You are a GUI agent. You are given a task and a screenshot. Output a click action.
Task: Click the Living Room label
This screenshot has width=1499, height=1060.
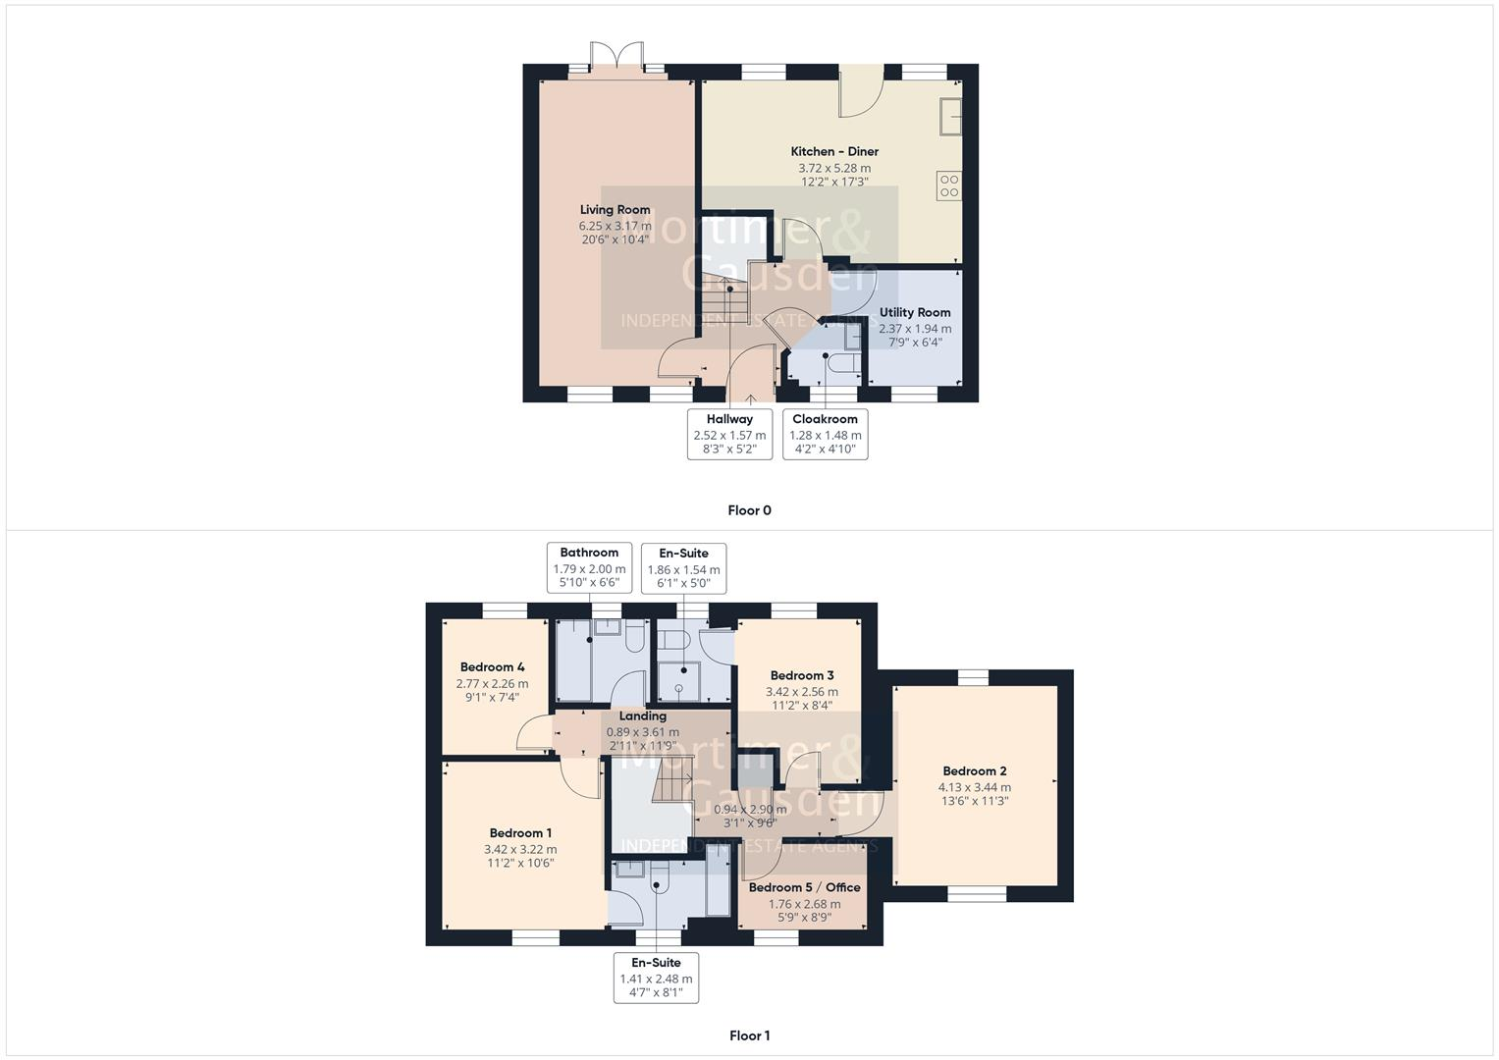coord(615,209)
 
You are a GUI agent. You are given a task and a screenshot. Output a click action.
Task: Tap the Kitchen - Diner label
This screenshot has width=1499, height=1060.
coord(834,152)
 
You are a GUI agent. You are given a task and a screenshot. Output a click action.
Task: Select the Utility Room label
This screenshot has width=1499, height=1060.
coord(914,312)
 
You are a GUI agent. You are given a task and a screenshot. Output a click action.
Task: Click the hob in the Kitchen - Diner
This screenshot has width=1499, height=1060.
coord(948,185)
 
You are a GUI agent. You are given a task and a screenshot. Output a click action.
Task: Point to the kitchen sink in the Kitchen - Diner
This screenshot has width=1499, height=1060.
coord(950,116)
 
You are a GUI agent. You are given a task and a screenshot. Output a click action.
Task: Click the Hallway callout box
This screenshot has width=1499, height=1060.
coord(729,434)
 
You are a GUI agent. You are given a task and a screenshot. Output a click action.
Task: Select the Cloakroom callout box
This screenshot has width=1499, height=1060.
coord(825,434)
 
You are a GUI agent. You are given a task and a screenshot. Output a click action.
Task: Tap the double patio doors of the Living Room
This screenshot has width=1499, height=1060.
coord(617,56)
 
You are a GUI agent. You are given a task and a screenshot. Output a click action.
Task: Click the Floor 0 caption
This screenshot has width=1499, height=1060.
coord(749,510)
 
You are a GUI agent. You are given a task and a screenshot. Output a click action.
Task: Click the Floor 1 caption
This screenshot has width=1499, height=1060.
coord(749,1035)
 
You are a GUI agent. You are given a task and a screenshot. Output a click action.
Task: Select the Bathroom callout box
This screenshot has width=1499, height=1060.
coord(589,567)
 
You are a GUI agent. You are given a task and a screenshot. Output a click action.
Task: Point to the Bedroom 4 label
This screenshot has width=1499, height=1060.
coord(492,667)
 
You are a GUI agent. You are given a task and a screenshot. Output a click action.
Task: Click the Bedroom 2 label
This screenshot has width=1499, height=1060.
coord(974,771)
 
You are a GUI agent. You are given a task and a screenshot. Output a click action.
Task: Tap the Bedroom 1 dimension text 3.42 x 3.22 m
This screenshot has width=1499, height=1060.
coord(520,850)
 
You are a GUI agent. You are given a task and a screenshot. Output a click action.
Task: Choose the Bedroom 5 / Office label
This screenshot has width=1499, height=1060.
coord(804,887)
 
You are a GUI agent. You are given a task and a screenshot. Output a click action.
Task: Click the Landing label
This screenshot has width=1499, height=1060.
coord(642,716)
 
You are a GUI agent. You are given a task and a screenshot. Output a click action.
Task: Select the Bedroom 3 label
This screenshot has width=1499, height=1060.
coord(802,675)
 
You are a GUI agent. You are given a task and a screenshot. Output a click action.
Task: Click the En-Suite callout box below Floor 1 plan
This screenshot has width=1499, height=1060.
coord(656,978)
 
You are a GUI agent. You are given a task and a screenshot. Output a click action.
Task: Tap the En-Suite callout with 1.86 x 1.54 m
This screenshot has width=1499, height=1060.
coord(683,568)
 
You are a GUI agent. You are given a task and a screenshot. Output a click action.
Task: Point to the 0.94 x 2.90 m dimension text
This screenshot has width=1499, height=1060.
coord(750,810)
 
